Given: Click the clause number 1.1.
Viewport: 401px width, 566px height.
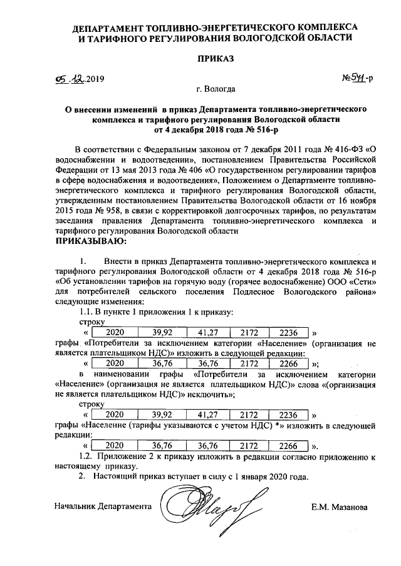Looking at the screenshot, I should (x=83, y=311).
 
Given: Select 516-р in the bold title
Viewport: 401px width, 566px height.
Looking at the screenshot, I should (x=263, y=129).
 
